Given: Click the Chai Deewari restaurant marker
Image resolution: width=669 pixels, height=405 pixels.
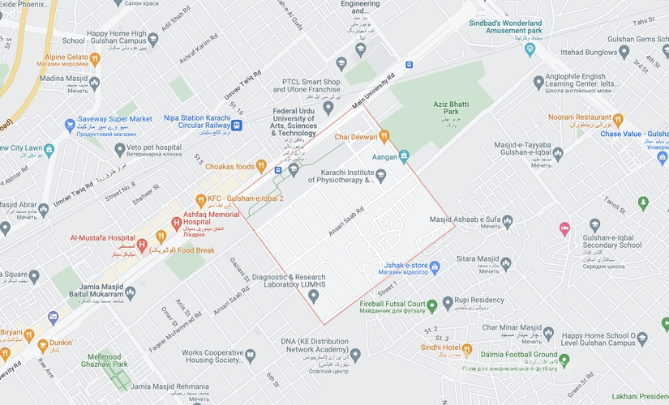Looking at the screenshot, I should [x=384, y=136].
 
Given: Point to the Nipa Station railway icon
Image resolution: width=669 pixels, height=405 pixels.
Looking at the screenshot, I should [x=236, y=125].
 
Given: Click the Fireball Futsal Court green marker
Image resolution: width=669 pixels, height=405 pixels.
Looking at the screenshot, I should [x=433, y=305].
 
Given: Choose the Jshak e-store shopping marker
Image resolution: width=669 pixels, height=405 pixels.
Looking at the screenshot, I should [x=435, y=266].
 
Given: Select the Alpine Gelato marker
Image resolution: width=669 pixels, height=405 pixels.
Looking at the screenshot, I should [x=95, y=58].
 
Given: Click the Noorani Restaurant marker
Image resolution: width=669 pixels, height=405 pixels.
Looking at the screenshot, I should [x=618, y=119].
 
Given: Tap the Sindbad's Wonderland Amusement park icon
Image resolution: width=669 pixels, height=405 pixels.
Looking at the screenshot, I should [x=530, y=49].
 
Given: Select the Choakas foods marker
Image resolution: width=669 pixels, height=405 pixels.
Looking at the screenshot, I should [x=261, y=165].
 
